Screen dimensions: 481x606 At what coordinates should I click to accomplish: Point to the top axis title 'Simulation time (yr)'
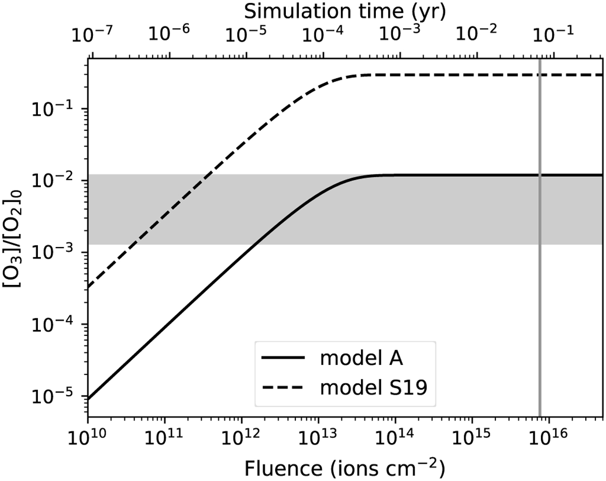click(x=345, y=11)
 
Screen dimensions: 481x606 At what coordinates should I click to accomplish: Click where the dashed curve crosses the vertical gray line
click(x=540, y=75)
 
